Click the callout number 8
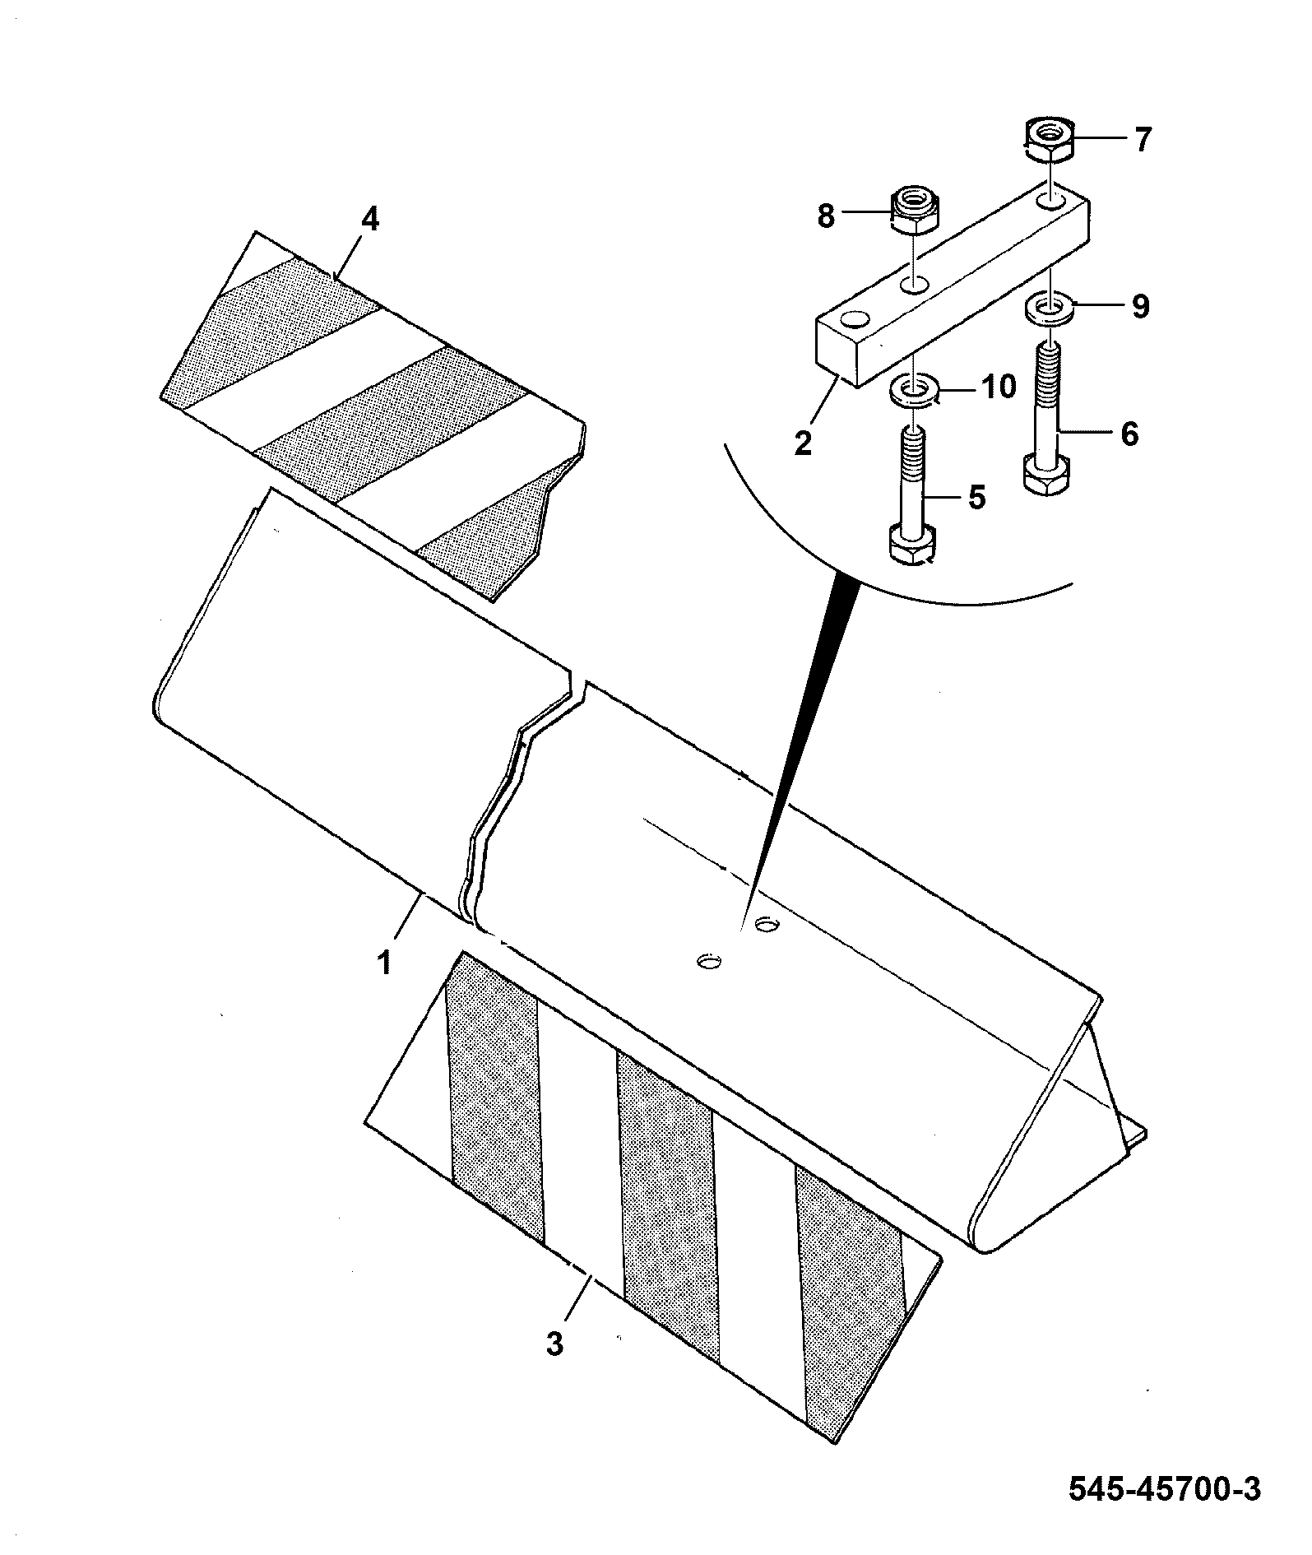(x=826, y=216)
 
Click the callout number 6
(x=1129, y=434)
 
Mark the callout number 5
(x=976, y=497)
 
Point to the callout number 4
(x=370, y=220)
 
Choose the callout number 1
(x=385, y=961)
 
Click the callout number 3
(x=555, y=1344)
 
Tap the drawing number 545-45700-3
(x=1165, y=1489)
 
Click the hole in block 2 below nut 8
(x=914, y=285)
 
